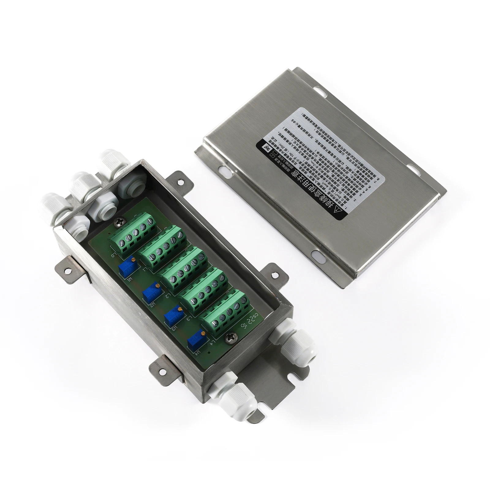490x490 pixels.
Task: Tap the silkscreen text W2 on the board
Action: (151, 305)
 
